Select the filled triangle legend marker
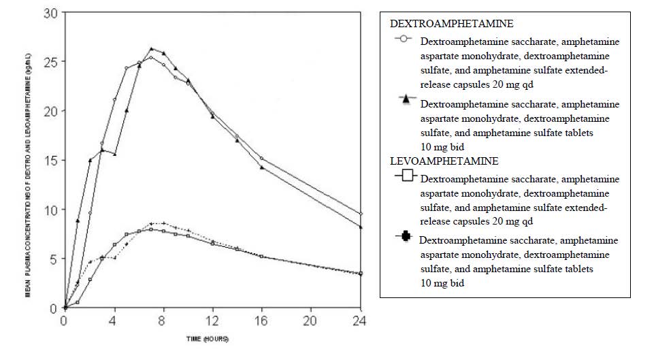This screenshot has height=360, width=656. (x=406, y=99)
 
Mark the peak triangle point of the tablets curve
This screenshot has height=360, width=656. (x=151, y=48)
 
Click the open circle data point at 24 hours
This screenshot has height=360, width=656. (x=361, y=214)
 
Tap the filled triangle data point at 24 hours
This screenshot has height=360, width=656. (x=361, y=227)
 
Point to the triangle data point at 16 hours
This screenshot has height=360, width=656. (x=262, y=167)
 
